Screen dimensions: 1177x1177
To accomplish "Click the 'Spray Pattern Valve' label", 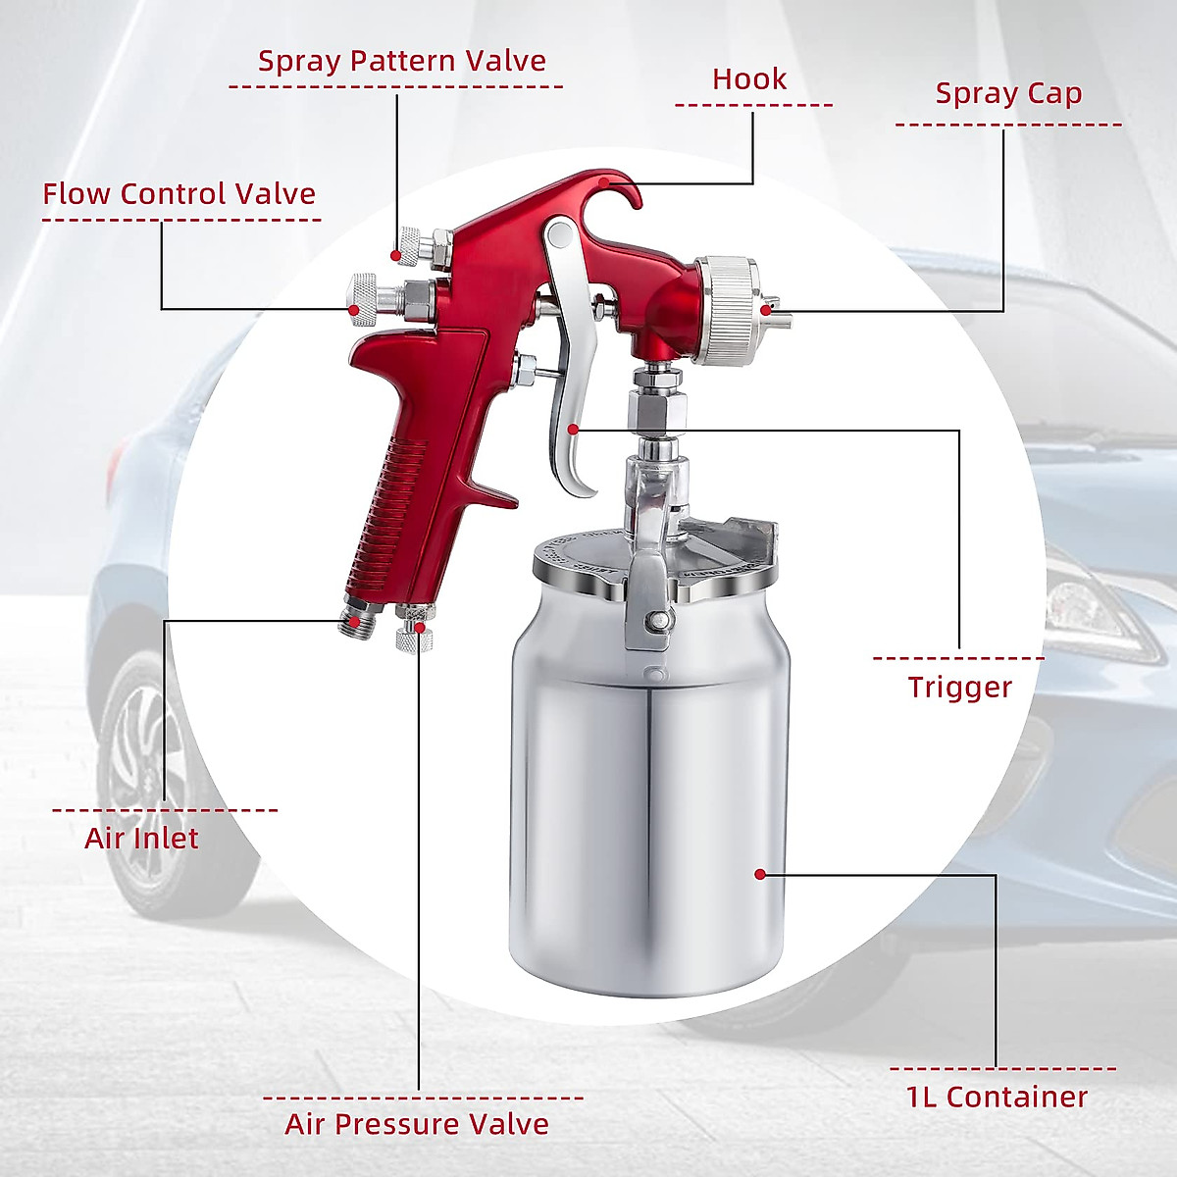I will click(401, 61).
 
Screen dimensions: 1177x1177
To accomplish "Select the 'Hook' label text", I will click(749, 79).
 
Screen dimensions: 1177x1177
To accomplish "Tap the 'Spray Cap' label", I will click(1008, 94).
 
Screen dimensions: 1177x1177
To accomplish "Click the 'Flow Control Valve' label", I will click(179, 194).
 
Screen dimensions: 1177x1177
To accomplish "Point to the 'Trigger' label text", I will click(959, 688).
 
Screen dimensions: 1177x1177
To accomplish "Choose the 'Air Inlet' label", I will click(141, 839).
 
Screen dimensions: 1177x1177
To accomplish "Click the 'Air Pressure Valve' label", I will click(417, 1124).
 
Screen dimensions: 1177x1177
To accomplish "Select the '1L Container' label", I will click(997, 1097).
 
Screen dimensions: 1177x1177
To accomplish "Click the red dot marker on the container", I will click(759, 873).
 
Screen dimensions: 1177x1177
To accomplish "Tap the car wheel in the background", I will click(137, 775).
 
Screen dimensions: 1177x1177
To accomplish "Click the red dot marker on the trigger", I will click(573, 429).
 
